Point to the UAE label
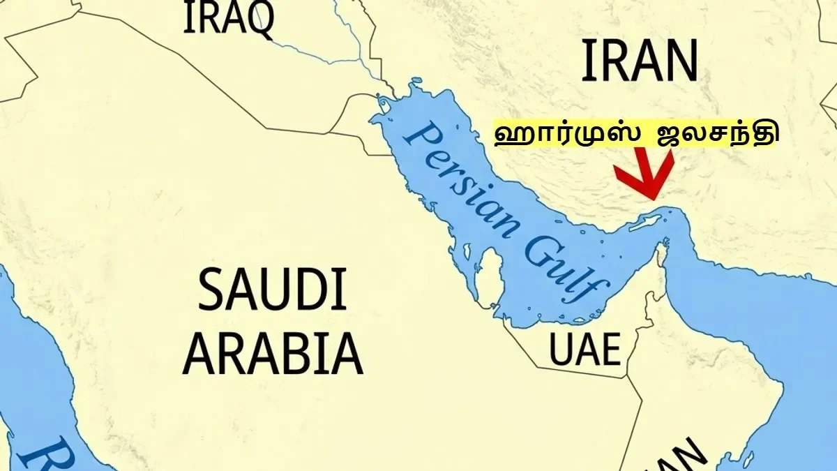pyautogui.click(x=585, y=350)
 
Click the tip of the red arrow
pyautogui.click(x=654, y=197)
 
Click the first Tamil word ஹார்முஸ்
pyautogui.click(x=566, y=134)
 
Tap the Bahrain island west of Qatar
pyautogui.click(x=463, y=250)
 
